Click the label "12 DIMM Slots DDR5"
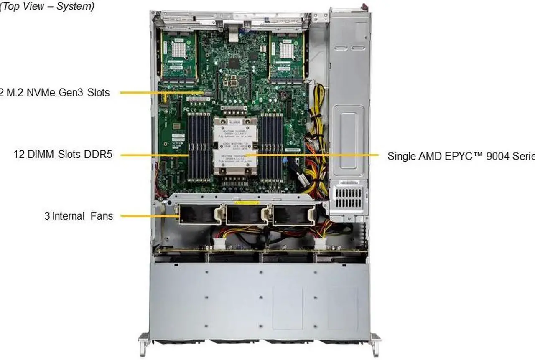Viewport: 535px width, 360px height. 63,155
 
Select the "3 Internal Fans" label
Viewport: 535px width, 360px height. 79,216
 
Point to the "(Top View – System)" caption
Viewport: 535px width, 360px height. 47,6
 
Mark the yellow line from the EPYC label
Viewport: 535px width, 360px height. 313,155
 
